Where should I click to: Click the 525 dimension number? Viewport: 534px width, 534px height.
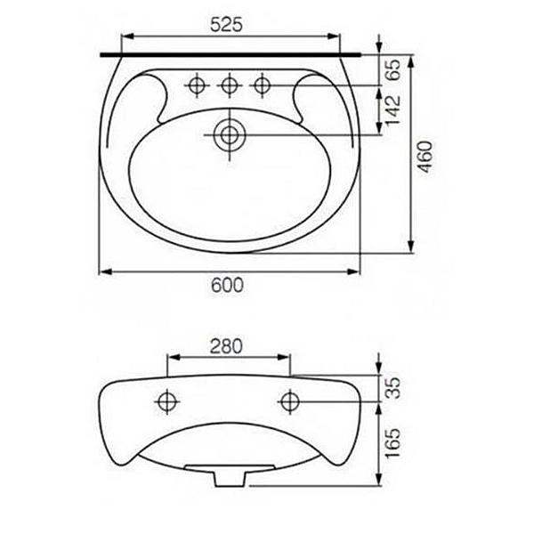tap(226, 25)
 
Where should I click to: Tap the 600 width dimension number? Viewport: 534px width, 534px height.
tap(227, 285)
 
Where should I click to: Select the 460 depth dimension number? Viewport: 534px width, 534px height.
tap(425, 157)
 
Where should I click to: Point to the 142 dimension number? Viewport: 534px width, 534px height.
tap(393, 110)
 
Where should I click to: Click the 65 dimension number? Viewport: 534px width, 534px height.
tap(393, 69)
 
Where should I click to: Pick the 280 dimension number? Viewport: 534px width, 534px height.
tap(226, 346)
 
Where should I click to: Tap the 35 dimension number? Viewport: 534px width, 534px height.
tap(394, 388)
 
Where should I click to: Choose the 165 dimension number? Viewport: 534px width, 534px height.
tap(394, 442)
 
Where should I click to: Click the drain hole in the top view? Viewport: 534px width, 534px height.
tap(230, 135)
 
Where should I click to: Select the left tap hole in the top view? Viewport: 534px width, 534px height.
tap(198, 85)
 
